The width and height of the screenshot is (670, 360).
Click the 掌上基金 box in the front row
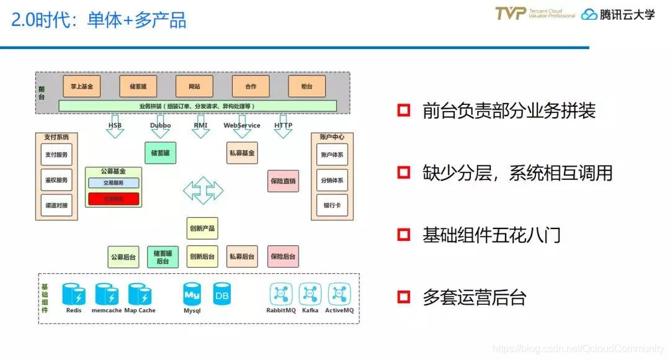click(81, 86)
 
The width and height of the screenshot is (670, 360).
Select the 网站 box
click(194, 86)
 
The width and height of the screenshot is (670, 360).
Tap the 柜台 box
click(306, 86)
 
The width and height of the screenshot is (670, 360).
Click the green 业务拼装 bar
click(197, 106)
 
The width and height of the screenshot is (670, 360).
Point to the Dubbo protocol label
click(160, 125)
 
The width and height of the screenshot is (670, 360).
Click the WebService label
click(242, 125)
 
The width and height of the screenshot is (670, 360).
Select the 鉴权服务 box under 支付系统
click(56, 179)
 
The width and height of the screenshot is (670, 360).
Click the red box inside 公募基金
click(113, 199)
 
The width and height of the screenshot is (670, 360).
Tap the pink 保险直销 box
click(283, 181)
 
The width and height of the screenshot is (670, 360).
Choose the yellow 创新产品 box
click(202, 228)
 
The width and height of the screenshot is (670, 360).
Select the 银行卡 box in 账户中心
click(332, 205)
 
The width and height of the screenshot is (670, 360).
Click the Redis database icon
click(73, 294)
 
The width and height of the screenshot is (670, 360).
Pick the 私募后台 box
click(242, 256)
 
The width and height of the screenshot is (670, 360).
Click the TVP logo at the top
click(510, 14)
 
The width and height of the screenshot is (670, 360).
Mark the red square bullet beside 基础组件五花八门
click(404, 235)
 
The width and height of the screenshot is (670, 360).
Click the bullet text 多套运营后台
click(474, 297)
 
